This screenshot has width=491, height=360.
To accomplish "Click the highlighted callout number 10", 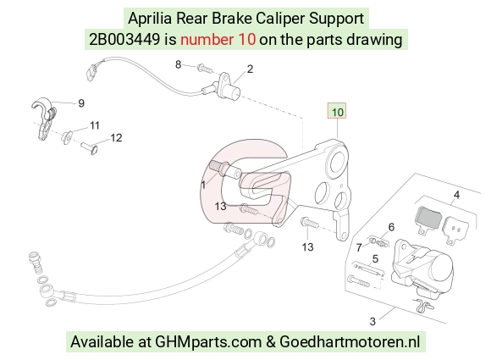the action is pyautogui.click(x=337, y=112).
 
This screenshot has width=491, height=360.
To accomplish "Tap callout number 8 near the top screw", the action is pyautogui.click(x=178, y=64).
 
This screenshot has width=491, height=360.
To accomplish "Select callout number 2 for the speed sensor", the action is pyautogui.click(x=250, y=69).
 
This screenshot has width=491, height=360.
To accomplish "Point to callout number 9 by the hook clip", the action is pyautogui.click(x=80, y=103).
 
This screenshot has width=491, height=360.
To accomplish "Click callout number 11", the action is pyautogui.click(x=95, y=125).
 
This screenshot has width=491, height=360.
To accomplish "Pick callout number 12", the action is pyautogui.click(x=116, y=138).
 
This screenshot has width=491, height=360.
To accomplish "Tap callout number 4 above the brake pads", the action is pyautogui.click(x=456, y=195).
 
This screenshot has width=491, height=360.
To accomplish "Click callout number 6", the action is pyautogui.click(x=391, y=227).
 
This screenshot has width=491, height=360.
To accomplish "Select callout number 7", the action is pyautogui.click(x=359, y=247).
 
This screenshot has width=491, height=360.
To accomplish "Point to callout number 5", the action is pyautogui.click(x=375, y=259).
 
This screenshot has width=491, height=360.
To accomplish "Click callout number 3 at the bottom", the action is pyautogui.click(x=372, y=321).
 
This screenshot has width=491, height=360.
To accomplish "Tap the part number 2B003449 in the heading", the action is pyautogui.click(x=124, y=40).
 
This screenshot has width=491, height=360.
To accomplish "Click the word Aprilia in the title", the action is pyautogui.click(x=150, y=19).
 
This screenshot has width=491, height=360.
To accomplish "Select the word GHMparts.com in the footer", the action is pyautogui.click(x=208, y=341).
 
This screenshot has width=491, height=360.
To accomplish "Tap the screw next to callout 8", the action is pyautogui.click(x=205, y=68).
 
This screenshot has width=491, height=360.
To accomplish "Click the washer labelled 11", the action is pyautogui.click(x=67, y=137).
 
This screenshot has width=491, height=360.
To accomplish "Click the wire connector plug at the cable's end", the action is pyautogui.click(x=91, y=72).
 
